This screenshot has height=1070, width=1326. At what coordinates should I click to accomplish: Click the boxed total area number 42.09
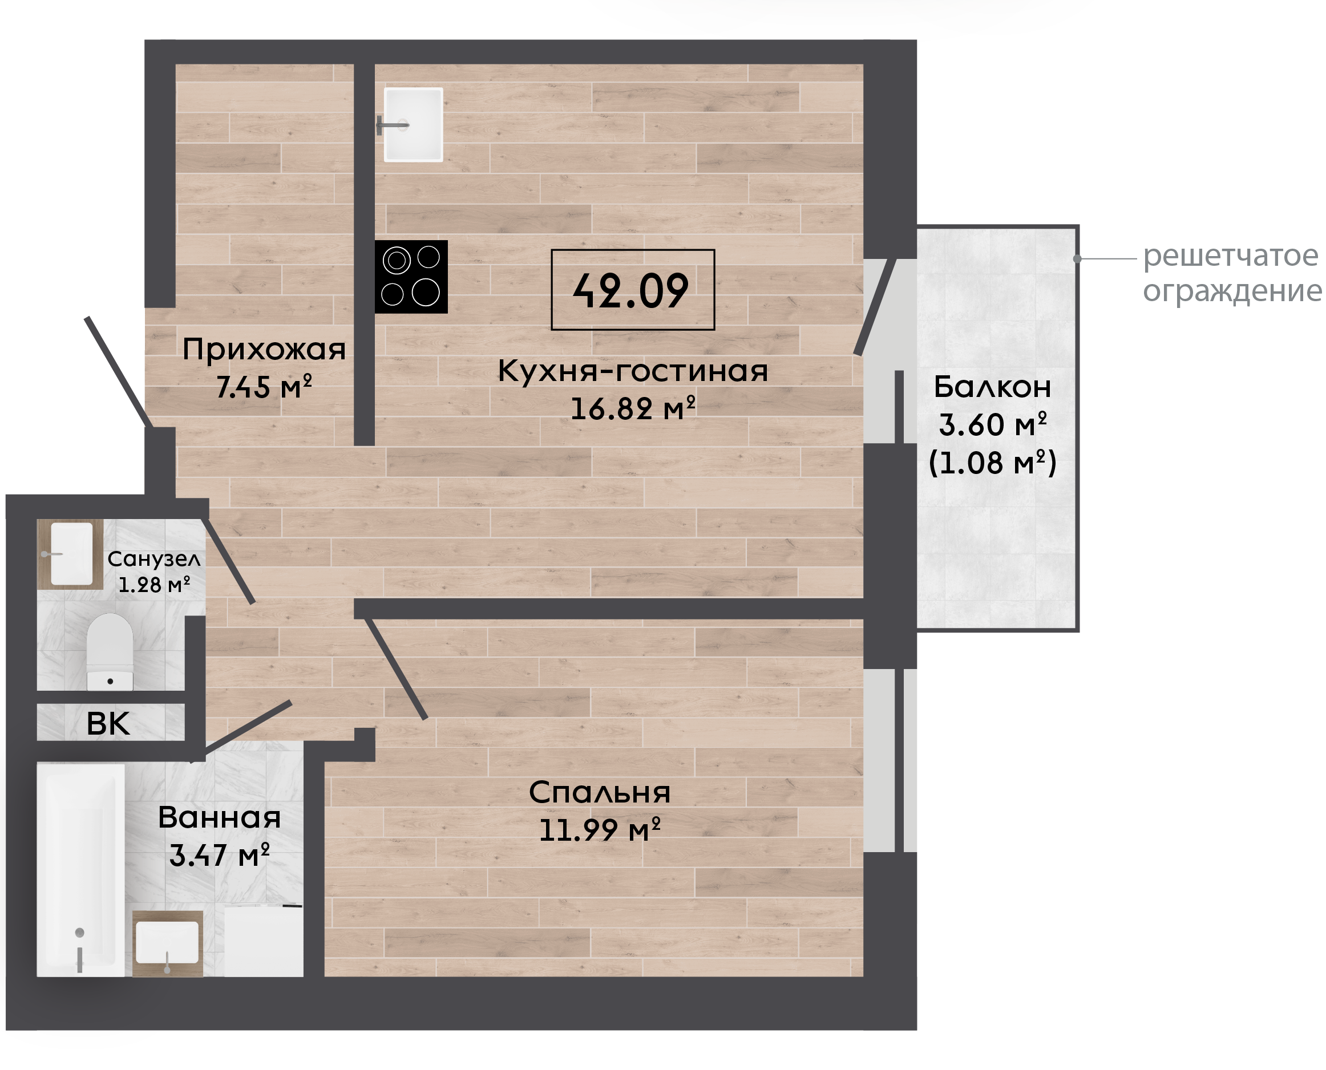point(631,291)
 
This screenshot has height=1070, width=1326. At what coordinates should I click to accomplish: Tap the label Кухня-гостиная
point(633,371)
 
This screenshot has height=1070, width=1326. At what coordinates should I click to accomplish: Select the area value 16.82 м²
point(633,408)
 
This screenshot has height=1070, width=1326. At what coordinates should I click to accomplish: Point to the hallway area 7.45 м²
point(264,387)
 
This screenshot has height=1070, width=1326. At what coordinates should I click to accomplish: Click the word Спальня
point(600,793)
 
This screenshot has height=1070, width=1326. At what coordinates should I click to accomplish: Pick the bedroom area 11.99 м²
point(600,830)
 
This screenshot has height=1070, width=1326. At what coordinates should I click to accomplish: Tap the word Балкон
point(992,387)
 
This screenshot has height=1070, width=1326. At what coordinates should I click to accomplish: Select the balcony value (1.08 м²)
point(992,462)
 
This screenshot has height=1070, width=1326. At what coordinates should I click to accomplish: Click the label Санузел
point(154,559)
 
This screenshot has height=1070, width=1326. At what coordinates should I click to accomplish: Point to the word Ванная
point(220,818)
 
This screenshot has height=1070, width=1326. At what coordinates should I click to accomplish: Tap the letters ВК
point(108,724)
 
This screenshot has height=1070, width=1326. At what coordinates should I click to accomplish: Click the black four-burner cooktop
point(411,277)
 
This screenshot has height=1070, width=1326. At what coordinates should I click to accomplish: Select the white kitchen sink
point(413,124)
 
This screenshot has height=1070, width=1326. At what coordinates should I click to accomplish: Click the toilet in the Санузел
point(110,651)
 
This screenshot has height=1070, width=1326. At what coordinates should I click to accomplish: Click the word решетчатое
point(1231,256)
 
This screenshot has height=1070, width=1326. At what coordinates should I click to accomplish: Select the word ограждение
point(1232,291)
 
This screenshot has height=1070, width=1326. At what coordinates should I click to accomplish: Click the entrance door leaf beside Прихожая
point(118,372)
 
